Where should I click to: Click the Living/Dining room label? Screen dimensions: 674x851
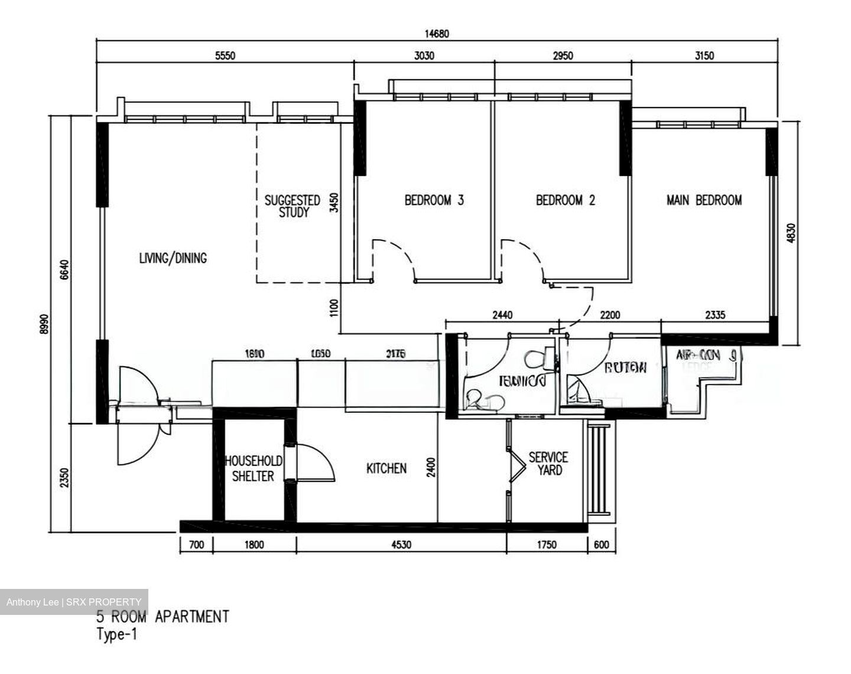point(173,258)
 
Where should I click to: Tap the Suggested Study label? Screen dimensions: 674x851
point(293,206)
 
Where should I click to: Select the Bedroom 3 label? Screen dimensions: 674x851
point(434,200)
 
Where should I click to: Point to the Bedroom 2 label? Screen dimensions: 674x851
point(565,200)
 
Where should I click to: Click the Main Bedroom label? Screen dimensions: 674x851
point(704,200)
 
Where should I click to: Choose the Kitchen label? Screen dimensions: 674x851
point(386,468)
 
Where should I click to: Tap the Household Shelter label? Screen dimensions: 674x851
point(253,468)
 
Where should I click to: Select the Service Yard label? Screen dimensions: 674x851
point(548,464)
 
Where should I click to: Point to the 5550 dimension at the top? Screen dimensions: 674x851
point(225,56)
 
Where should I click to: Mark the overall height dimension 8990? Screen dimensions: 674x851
point(44,324)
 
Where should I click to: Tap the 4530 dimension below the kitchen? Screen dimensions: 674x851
point(401,545)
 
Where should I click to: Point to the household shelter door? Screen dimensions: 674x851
point(313,461)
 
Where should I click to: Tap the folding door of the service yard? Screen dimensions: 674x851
point(515,461)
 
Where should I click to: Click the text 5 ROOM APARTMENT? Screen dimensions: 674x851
point(163,617)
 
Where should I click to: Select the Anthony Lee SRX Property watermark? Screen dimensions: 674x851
point(74,602)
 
